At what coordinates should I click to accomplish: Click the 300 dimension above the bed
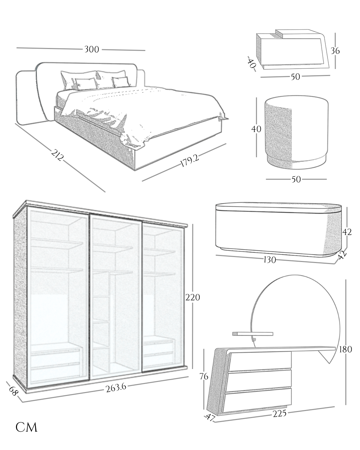tap(92, 49)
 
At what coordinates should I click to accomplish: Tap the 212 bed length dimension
tap(57, 155)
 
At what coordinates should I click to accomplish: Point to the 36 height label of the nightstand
tap(335, 51)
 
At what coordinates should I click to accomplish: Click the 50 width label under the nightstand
tap(295, 77)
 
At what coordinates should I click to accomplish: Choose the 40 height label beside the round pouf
tap(256, 129)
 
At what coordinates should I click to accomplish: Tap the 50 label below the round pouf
tap(296, 179)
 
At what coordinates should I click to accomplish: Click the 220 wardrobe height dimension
tap(193, 297)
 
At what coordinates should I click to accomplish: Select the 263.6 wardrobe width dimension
tap(116, 388)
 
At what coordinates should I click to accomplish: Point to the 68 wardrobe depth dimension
tap(13, 391)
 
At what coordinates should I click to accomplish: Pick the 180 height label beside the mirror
tap(345, 349)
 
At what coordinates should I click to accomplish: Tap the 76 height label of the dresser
tap(204, 377)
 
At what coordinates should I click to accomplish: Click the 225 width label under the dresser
tap(279, 414)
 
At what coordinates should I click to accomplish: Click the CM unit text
tap(26, 427)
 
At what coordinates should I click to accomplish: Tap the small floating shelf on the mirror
tap(252, 333)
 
